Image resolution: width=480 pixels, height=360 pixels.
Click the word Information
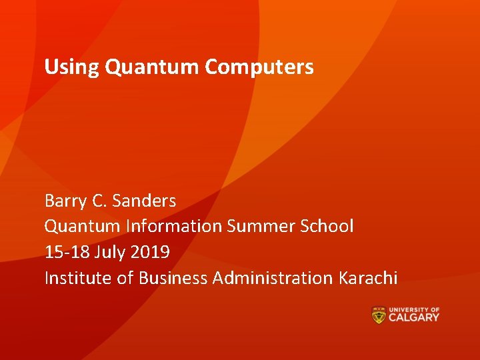[174, 227]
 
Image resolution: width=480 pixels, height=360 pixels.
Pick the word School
[326, 227]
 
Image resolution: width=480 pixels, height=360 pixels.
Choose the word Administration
[269, 278]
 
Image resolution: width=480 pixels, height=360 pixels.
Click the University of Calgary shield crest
[379, 315]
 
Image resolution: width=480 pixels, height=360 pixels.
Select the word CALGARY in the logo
[414, 318]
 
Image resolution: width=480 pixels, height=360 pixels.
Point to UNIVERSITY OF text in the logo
[414, 309]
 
